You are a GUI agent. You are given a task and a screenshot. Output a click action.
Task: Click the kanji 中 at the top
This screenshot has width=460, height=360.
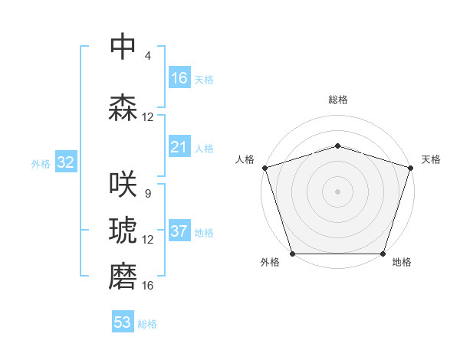click(x=123, y=47)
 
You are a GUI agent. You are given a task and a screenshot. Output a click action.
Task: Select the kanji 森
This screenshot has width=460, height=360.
click(x=123, y=108)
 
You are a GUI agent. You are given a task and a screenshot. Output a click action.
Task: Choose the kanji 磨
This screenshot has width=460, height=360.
click(x=123, y=277)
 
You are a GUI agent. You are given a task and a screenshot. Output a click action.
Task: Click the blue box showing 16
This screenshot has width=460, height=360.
click(x=179, y=78)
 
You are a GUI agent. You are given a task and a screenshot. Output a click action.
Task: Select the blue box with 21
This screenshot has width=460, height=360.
click(x=179, y=147)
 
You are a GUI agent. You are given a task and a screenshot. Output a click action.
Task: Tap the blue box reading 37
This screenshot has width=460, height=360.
click(x=179, y=231)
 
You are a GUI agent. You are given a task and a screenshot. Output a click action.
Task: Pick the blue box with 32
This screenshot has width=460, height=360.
click(x=65, y=162)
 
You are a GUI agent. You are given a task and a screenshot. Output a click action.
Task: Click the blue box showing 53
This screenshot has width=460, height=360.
click(x=123, y=322)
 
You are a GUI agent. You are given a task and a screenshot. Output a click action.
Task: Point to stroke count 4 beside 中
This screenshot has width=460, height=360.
click(x=147, y=55)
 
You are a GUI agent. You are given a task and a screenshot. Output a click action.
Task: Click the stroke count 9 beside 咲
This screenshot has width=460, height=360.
click(x=147, y=193)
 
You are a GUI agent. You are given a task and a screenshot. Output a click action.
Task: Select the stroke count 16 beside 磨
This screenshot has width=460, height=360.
click(x=147, y=285)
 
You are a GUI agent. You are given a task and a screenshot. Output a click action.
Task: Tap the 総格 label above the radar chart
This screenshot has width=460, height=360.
click(x=338, y=100)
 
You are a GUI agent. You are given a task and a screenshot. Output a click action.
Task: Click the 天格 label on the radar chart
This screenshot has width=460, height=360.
click(x=431, y=159)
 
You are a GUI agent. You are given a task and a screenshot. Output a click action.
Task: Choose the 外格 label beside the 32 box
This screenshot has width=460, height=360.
click(x=41, y=163)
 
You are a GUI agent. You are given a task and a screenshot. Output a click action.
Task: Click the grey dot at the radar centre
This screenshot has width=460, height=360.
click(x=337, y=191)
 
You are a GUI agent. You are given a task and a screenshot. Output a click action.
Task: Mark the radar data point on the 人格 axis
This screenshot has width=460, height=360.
click(x=264, y=168)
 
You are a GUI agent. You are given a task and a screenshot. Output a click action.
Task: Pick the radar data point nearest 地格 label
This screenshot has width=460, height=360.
click(x=383, y=254)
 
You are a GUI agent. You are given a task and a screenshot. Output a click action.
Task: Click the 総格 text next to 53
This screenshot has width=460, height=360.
click(x=147, y=324)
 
